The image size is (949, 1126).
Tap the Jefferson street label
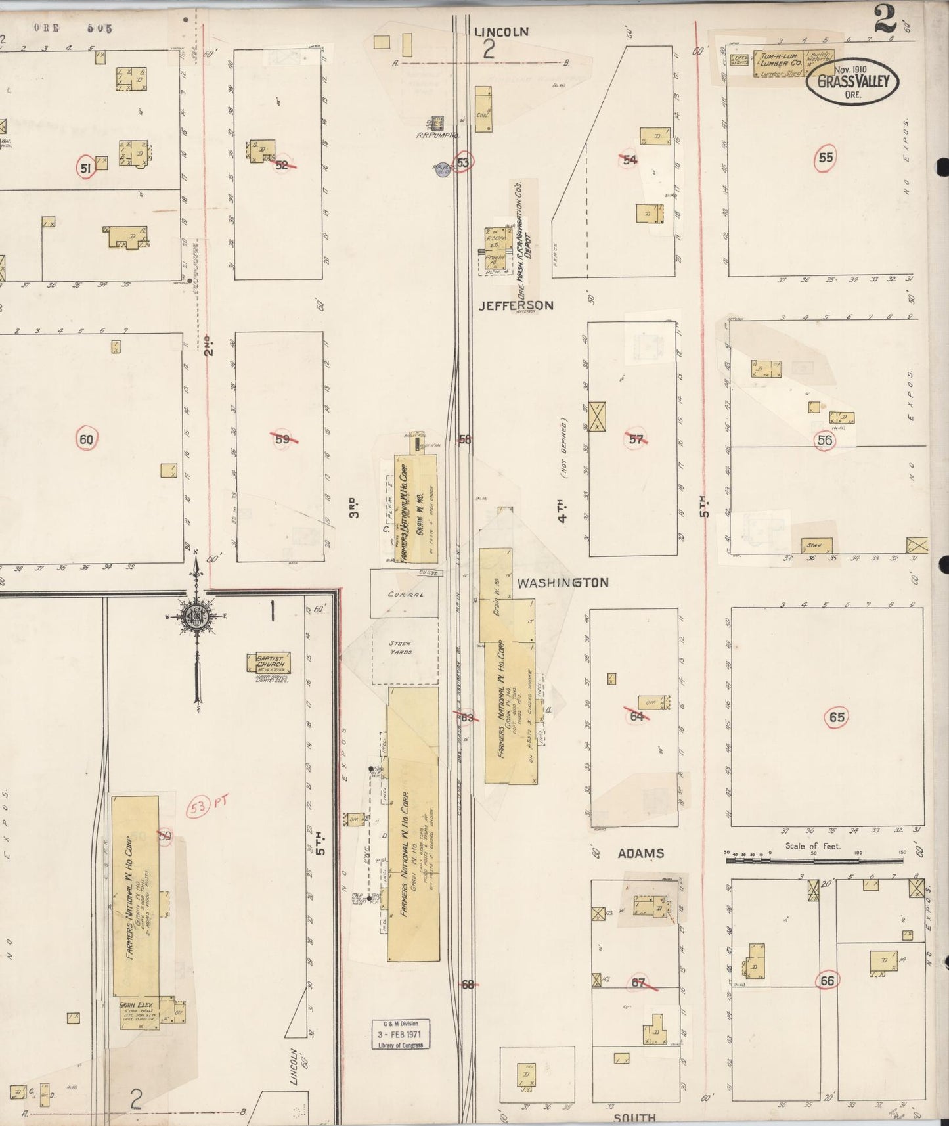pos(516,305)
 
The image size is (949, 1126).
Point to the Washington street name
pos(562,583)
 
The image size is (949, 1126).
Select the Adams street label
pos(640,853)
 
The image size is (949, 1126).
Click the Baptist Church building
pos(269,663)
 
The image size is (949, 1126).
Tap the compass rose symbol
pos(196,616)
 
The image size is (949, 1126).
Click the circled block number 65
pos(837,717)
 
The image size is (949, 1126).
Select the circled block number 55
pos(826,158)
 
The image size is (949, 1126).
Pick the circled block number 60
pos(86,439)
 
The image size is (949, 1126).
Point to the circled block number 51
pos(85,168)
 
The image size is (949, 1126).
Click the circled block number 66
pos(827,981)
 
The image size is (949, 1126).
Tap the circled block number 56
pos(824,440)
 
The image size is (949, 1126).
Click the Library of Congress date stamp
pos(400,1034)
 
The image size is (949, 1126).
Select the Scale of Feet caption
pos(812,846)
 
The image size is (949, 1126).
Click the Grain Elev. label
pos(137,1004)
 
